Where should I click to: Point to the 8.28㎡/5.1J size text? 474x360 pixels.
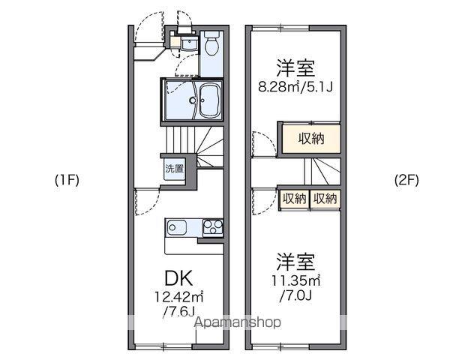[295, 86]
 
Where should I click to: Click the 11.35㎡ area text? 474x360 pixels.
[295, 281]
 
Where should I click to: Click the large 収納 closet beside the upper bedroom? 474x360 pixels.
[310, 138]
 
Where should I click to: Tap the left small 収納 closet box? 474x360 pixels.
[295, 199]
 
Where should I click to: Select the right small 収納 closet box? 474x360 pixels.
[325, 199]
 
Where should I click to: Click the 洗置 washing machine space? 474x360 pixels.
[174, 169]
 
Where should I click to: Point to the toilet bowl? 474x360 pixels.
[211, 47]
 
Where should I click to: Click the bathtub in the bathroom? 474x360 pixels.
[208, 100]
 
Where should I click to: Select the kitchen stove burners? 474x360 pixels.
[211, 226]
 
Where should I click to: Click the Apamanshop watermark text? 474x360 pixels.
[238, 323]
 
